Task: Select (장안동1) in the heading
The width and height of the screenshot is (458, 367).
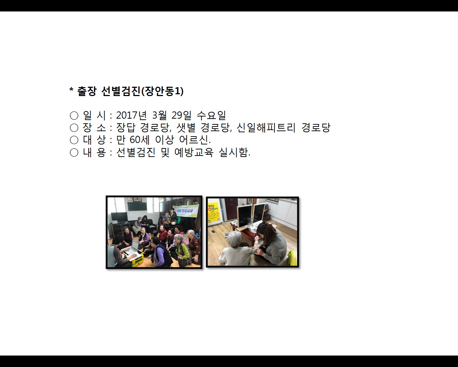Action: (162, 91)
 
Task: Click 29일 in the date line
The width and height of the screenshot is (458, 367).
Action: (182, 115)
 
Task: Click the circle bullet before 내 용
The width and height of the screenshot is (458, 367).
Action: (74, 153)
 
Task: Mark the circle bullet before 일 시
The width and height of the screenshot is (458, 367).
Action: (74, 115)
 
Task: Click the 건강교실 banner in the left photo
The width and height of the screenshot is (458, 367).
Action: (184, 211)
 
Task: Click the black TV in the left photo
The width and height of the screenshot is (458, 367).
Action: (119, 217)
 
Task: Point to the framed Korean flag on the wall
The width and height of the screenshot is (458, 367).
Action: (136, 200)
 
